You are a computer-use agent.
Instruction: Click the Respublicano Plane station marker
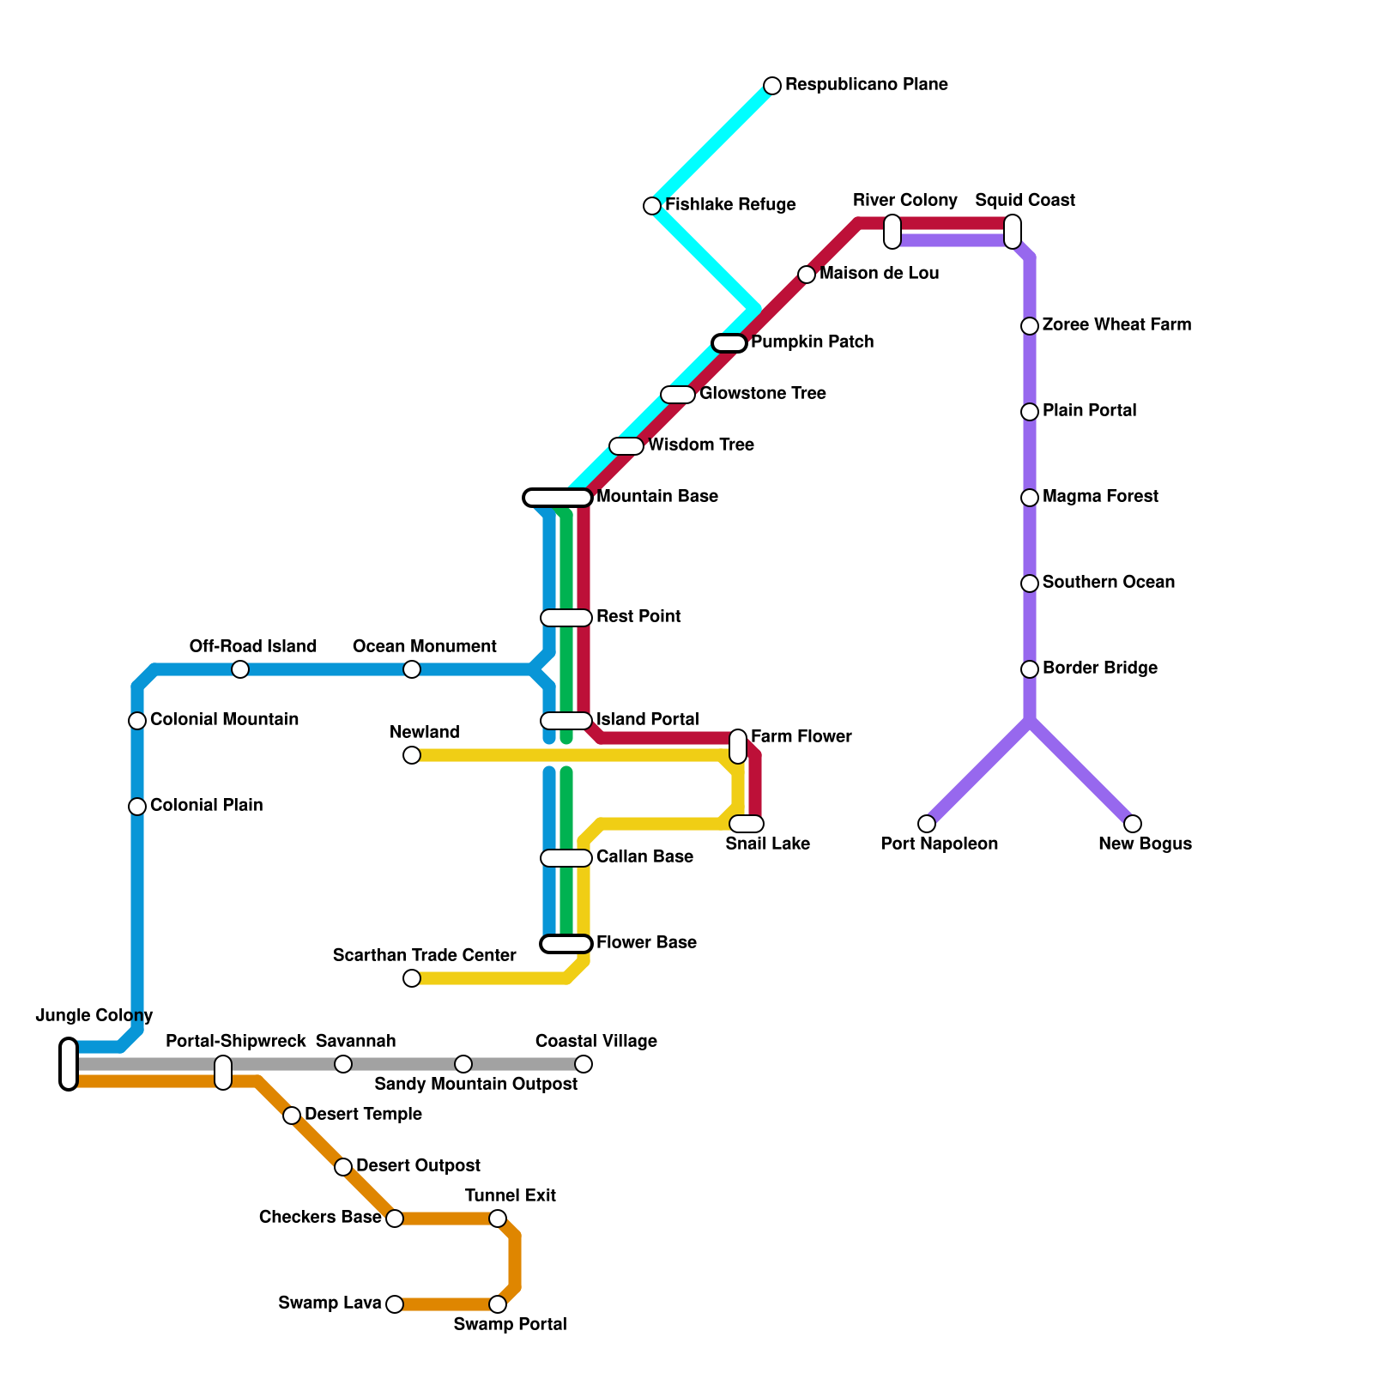[772, 86]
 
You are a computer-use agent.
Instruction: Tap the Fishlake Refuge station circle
[652, 206]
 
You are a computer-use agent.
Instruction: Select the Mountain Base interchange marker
[558, 498]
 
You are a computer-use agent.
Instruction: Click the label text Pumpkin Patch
[812, 342]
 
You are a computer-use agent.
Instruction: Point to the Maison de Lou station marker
[807, 275]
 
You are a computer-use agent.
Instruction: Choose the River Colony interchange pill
[892, 232]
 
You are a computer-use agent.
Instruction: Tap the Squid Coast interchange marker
[1013, 232]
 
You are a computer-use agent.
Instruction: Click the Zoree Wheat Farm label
[1116, 325]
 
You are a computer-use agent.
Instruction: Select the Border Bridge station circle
[1030, 669]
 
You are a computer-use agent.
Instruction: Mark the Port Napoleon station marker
[927, 824]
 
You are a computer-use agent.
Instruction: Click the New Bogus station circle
[1133, 824]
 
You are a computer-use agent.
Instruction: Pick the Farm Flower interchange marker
[738, 747]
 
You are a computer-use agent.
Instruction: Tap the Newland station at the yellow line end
[412, 755]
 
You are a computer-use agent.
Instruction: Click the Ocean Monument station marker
[412, 669]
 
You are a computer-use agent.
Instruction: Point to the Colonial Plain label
[206, 806]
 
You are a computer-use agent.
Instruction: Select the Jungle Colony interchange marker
[69, 1064]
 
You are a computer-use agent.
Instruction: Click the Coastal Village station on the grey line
[584, 1064]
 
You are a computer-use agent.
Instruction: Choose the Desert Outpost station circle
[343, 1167]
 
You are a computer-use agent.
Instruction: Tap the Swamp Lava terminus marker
[395, 1304]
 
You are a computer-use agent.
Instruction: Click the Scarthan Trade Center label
[424, 956]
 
